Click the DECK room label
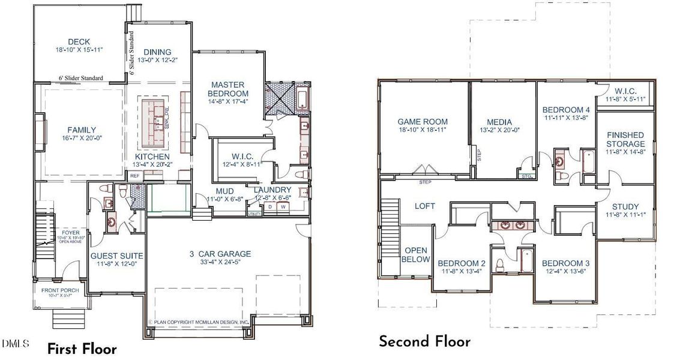79,41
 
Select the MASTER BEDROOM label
228,89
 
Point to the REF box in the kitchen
135,176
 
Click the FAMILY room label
82,130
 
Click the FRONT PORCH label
60,291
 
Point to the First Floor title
82,349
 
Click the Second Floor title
424,342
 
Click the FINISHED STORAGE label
625,139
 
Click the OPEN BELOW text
416,255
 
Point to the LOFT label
425,206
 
